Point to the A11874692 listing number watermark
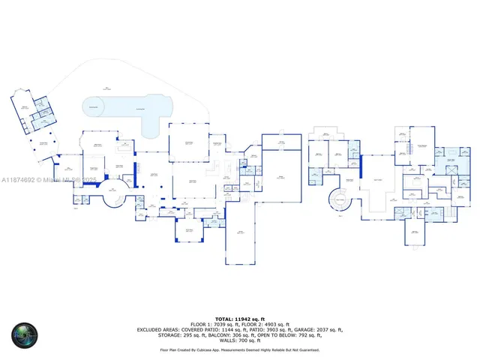pyautogui.click(x=19, y=180)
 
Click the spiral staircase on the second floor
pyautogui.click(x=340, y=200)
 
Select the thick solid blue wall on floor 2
pyautogui.click(x=361, y=163)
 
